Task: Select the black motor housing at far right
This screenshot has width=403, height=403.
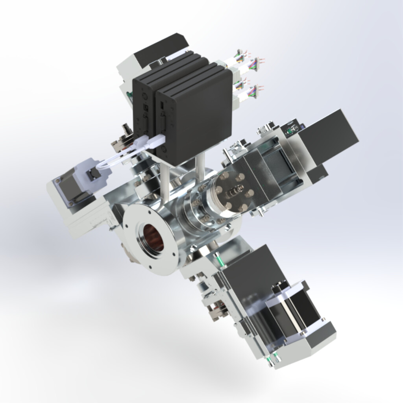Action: (x=329, y=136)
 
